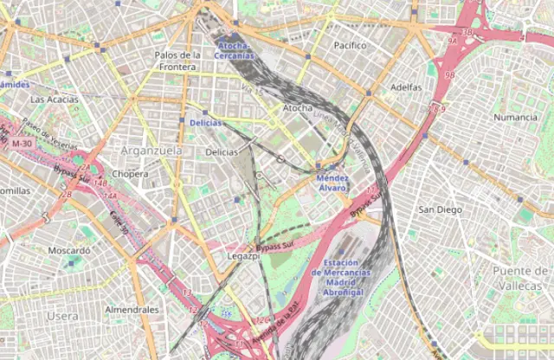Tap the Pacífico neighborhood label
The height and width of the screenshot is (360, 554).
(350, 44)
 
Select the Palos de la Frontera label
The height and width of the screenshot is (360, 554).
(177, 61)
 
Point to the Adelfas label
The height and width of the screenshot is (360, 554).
(406, 87)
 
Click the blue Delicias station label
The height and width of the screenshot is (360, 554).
(205, 123)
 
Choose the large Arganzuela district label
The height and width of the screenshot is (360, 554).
(152, 151)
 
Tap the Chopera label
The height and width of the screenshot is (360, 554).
(130, 173)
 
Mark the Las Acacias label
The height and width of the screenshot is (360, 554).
(54, 100)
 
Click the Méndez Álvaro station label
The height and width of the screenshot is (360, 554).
(332, 182)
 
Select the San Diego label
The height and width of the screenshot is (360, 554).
(440, 209)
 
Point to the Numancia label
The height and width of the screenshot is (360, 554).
(515, 117)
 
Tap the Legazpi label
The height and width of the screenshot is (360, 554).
(242, 257)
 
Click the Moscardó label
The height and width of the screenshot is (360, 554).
(68, 250)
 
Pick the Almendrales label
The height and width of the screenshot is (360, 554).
(132, 309)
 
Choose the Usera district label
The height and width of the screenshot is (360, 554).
(62, 316)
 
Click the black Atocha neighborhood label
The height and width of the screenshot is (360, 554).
(299, 108)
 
